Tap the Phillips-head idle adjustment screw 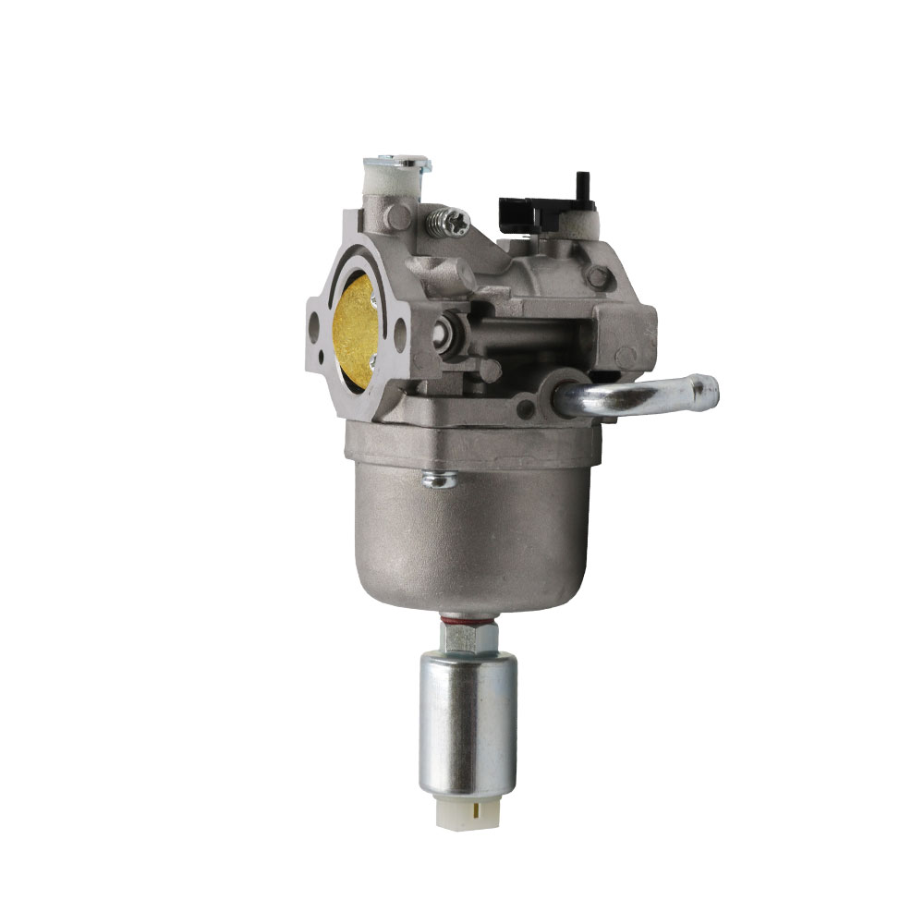coord(454,223)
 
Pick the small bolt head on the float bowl coord(437,478)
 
